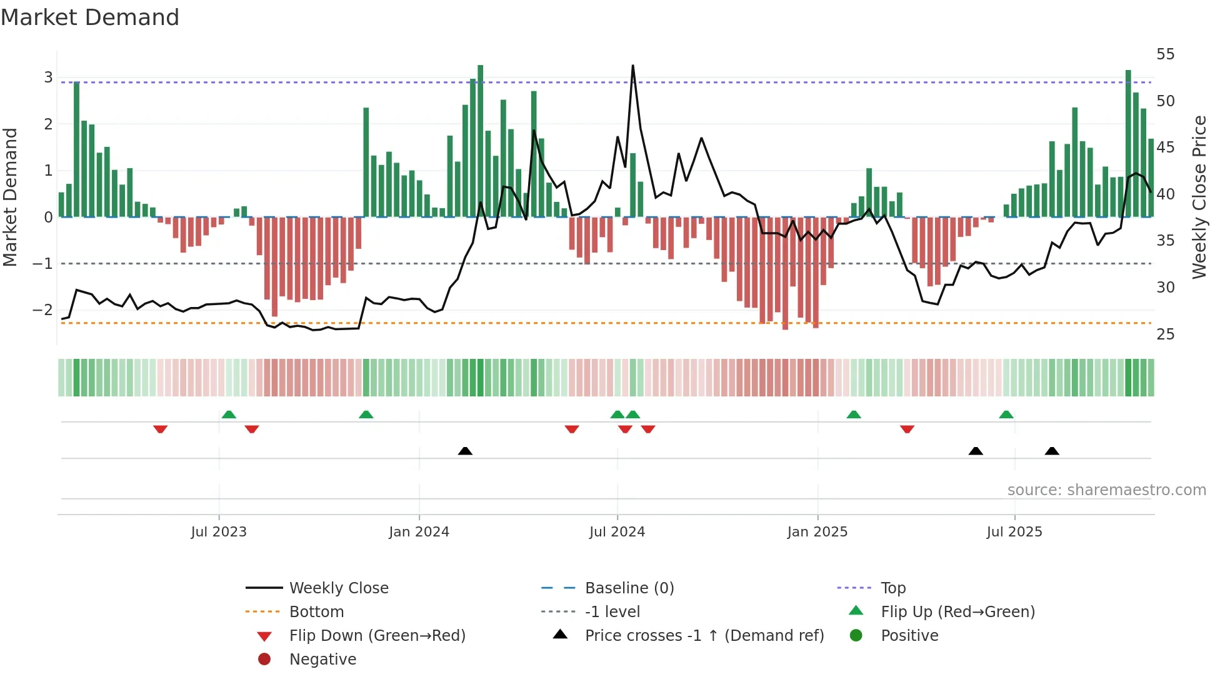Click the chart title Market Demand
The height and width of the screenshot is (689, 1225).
tap(90, 18)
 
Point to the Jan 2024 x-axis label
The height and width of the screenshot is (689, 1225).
tap(419, 532)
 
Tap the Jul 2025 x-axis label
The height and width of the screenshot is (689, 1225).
tap(1014, 532)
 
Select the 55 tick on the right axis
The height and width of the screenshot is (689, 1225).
tap(1165, 54)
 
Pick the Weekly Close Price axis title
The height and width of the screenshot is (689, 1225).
tap(1199, 197)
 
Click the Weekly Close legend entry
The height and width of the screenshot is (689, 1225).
tap(338, 588)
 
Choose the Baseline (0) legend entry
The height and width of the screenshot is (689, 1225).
tap(629, 588)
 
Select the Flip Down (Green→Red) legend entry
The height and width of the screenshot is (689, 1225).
tap(377, 636)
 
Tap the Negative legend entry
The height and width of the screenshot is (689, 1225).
tap(322, 660)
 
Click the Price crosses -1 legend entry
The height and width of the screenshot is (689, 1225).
tap(704, 636)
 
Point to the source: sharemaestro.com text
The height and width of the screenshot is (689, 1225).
tap(1106, 490)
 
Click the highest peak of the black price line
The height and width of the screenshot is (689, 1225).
tap(632, 66)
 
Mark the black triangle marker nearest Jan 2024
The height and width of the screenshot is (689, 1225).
tap(465, 451)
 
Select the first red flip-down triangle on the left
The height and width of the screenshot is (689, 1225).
tap(160, 429)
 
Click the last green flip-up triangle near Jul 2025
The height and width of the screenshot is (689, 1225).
tap(1006, 415)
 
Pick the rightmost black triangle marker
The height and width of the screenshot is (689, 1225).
tap(1052, 451)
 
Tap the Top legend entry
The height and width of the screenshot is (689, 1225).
tap(892, 588)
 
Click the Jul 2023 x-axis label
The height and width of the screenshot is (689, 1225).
tap(219, 532)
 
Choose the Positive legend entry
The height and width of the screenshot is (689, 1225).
tap(909, 636)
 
